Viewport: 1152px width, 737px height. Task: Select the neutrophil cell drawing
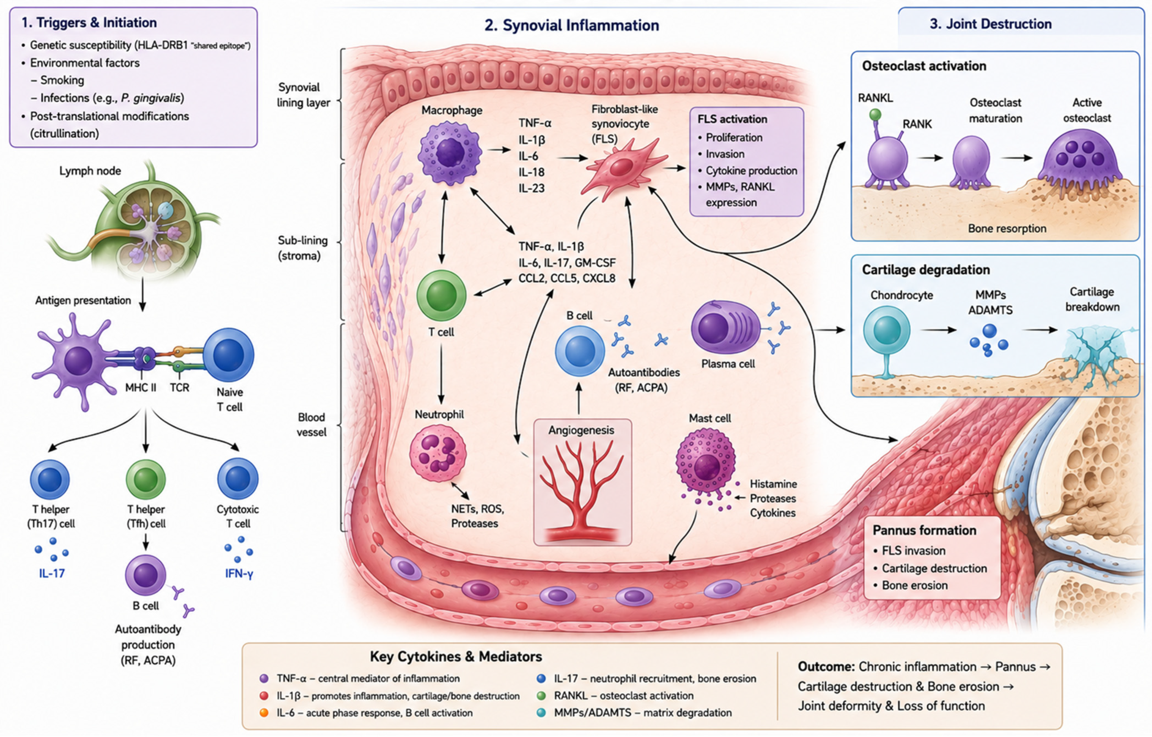tap(437, 453)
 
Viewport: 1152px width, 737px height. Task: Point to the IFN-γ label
tap(239, 573)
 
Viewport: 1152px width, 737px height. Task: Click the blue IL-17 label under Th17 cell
tap(52, 573)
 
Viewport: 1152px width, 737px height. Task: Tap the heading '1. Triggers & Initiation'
tap(89, 23)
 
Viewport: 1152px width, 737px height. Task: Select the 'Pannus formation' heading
tap(924, 530)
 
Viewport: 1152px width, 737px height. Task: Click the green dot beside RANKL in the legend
tap(541, 696)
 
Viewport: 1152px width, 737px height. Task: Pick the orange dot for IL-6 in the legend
tap(264, 713)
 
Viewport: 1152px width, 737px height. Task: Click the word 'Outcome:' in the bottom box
tap(826, 667)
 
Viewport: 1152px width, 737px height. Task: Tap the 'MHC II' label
tap(141, 387)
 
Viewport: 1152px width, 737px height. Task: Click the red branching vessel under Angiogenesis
tap(582, 488)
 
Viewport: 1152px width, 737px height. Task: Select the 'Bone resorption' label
tap(1007, 229)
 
